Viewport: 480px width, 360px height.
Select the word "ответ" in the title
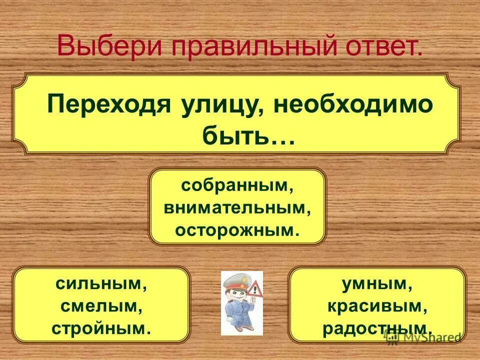[x=380, y=47]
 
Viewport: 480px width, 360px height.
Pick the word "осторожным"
[x=237, y=230]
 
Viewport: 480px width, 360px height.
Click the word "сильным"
[x=101, y=284]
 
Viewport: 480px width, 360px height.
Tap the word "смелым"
[x=101, y=306]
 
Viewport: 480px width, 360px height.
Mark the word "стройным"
[x=101, y=328]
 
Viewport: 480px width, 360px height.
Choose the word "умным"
[x=377, y=284]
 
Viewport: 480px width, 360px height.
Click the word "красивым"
[x=377, y=306]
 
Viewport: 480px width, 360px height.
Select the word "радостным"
[x=377, y=328]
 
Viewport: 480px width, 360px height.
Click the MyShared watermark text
[x=425, y=337]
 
